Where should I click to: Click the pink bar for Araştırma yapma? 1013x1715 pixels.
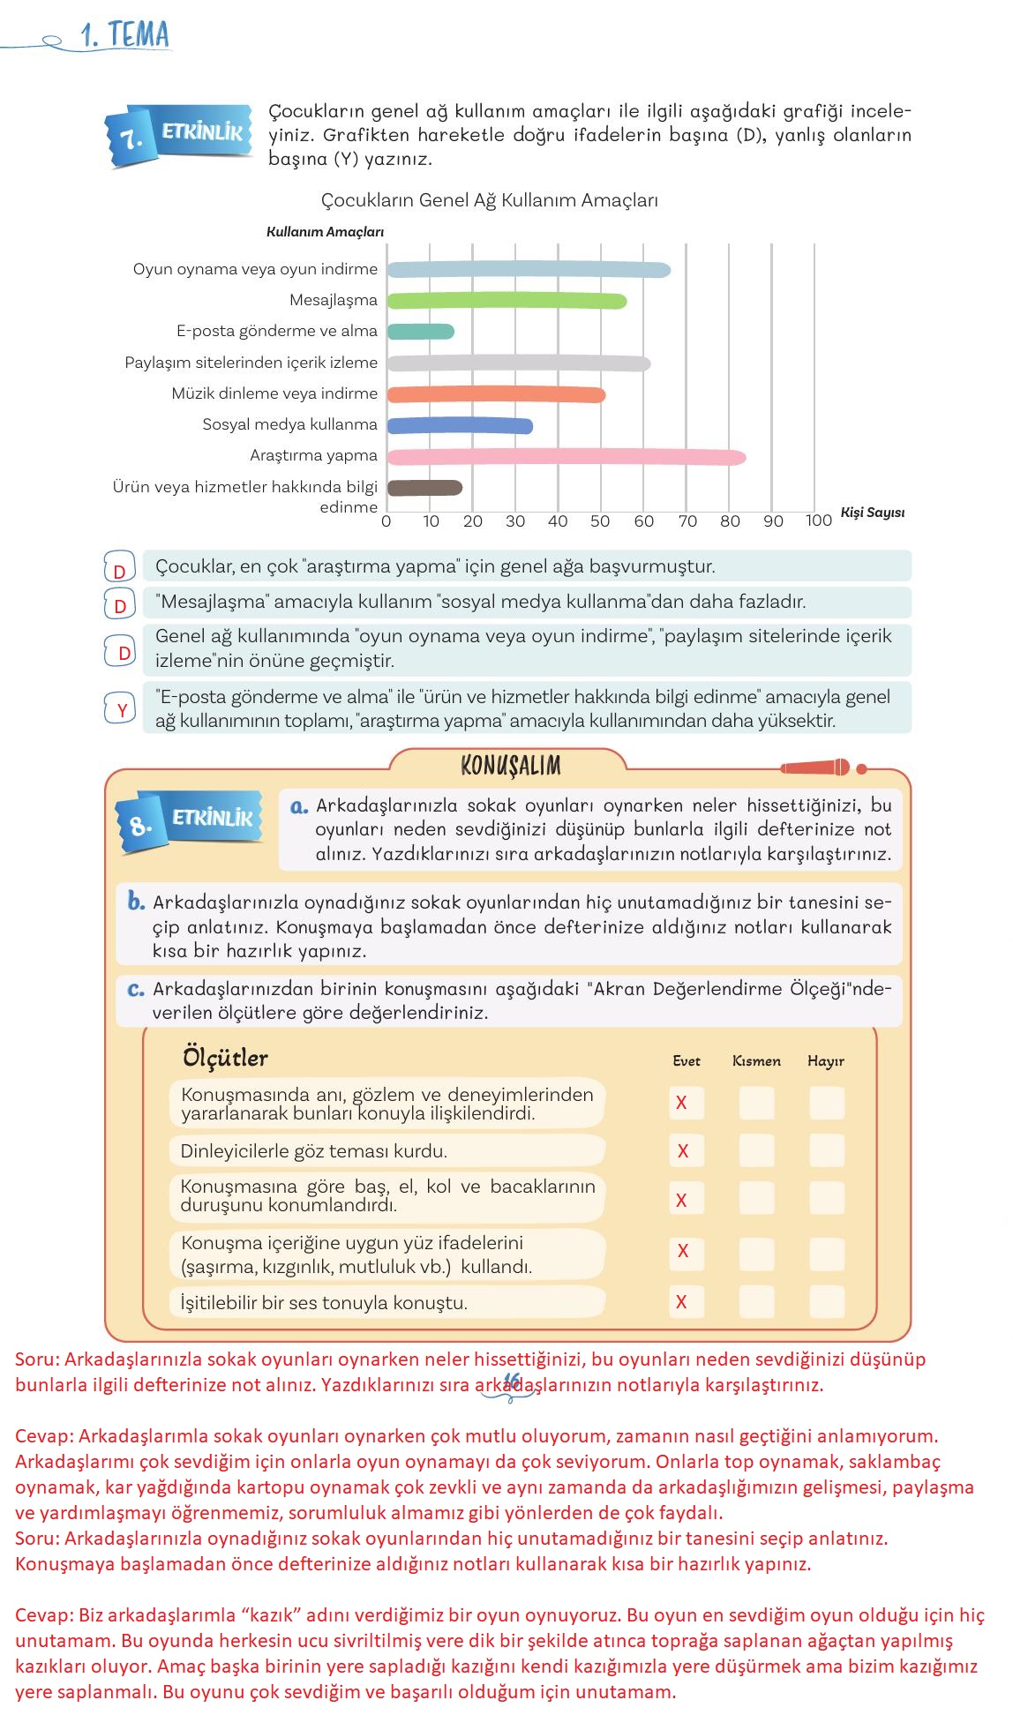(567, 457)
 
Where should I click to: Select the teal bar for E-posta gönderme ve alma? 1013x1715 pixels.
(421, 332)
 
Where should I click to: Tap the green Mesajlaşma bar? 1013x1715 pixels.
(506, 301)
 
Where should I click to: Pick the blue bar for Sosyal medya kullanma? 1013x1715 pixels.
(460, 426)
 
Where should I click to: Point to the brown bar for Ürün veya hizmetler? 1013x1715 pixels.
(424, 488)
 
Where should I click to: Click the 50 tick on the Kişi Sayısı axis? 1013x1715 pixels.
(600, 521)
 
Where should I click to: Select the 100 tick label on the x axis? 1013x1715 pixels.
(818, 521)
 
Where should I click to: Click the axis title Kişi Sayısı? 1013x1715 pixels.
(873, 513)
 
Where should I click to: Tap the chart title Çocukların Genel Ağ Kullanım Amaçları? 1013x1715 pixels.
(490, 200)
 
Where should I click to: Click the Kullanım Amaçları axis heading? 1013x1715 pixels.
(325, 232)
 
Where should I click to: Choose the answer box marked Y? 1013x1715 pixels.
(122, 709)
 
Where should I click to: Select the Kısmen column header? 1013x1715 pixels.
(756, 1061)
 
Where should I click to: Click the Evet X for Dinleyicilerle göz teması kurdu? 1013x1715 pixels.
(683, 1150)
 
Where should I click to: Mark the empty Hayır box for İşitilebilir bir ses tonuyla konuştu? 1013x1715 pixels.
(827, 1301)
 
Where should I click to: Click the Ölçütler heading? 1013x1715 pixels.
(225, 1058)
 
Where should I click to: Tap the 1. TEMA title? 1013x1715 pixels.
(124, 35)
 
